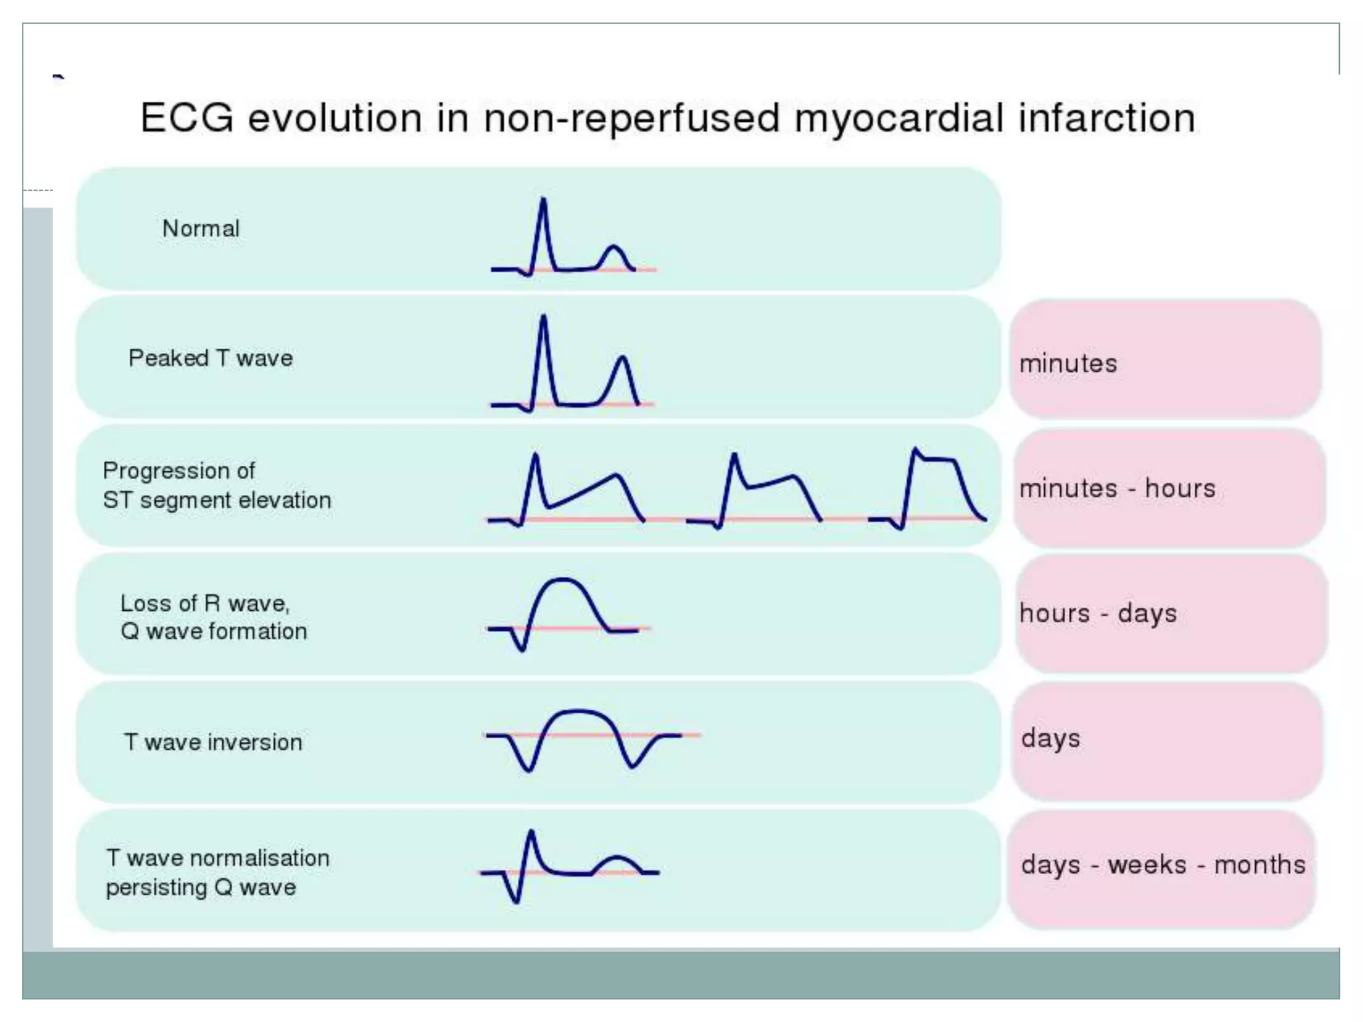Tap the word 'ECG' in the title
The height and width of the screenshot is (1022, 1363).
[x=187, y=118]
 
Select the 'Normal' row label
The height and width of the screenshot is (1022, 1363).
[x=201, y=228]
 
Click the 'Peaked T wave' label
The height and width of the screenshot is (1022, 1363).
[x=210, y=358]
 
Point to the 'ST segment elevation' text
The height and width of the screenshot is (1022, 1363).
[x=217, y=500]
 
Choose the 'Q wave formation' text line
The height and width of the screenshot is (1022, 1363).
[x=214, y=631]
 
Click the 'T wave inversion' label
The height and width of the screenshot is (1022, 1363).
[x=213, y=742]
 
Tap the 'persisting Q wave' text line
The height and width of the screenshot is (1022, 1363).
[x=201, y=887]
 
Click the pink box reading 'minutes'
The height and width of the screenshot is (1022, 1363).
[x=1165, y=359]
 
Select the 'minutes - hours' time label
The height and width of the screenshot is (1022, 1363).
[x=1117, y=488]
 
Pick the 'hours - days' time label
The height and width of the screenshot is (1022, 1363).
[x=1098, y=613]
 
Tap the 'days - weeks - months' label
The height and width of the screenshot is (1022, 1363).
[x=1163, y=865]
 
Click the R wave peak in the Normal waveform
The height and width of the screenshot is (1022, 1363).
[x=543, y=200]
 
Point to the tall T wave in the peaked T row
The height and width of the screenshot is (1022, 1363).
[x=622, y=359]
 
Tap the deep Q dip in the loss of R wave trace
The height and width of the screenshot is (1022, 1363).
[x=522, y=647]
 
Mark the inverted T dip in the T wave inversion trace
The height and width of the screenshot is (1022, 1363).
[x=632, y=765]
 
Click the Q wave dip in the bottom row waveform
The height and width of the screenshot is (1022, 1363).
[x=516, y=900]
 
